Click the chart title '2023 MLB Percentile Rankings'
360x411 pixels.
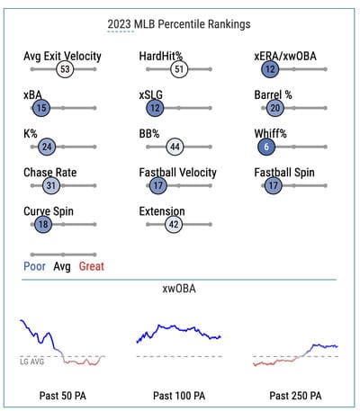click(x=179, y=24)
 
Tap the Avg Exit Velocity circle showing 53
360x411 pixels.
click(x=65, y=69)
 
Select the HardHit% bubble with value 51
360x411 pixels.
click(x=179, y=69)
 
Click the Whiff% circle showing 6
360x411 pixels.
click(x=266, y=147)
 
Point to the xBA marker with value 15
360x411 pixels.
click(x=41, y=108)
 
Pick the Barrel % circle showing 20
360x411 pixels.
click(x=275, y=108)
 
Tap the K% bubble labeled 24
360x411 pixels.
click(x=47, y=147)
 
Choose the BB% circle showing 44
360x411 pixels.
click(x=175, y=147)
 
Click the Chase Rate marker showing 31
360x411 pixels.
click(x=51, y=185)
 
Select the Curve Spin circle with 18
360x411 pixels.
click(x=43, y=224)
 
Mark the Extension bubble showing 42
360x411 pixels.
click(x=174, y=224)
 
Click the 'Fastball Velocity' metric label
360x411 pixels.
click(x=177, y=173)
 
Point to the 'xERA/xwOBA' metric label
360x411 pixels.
click(x=285, y=56)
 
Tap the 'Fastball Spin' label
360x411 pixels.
click(x=284, y=173)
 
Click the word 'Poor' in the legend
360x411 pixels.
click(x=34, y=266)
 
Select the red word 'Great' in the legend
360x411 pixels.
click(x=92, y=266)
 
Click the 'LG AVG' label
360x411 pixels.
click(x=32, y=362)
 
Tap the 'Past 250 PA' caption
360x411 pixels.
click(x=295, y=396)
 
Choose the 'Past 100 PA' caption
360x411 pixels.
click(x=179, y=396)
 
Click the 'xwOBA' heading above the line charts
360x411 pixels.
click(x=179, y=289)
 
